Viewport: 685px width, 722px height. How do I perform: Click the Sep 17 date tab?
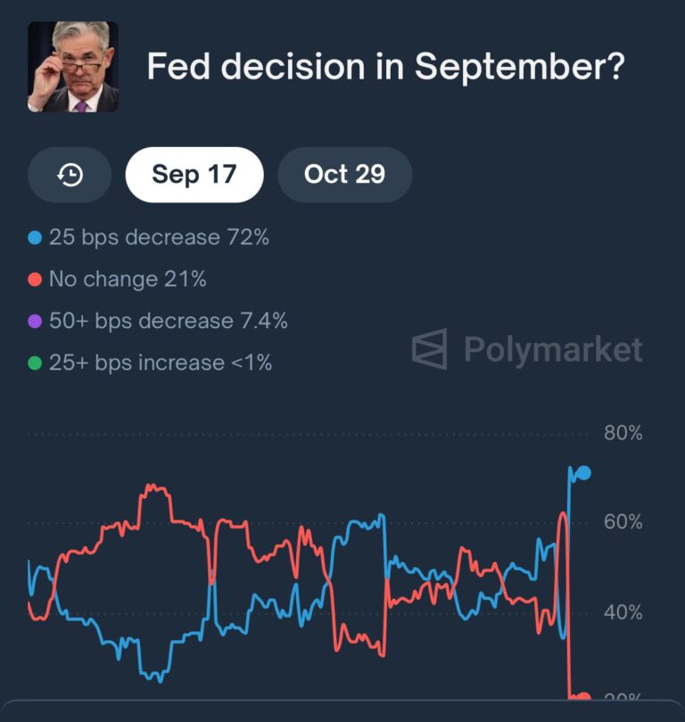tap(194, 175)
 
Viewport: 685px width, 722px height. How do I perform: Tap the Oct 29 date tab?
tap(344, 175)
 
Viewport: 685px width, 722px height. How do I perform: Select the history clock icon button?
tap(70, 176)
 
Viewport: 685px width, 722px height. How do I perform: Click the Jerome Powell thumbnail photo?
tap(73, 67)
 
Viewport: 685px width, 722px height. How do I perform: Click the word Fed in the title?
tap(177, 68)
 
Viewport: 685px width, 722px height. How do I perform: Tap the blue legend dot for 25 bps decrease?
tap(36, 238)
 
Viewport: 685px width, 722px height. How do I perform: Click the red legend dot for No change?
tap(36, 280)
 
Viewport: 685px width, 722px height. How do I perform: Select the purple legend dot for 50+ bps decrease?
tap(36, 322)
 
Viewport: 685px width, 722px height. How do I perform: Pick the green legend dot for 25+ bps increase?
tap(36, 364)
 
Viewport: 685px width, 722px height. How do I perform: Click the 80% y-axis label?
tap(623, 434)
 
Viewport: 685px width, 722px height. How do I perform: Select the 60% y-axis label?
tap(623, 522)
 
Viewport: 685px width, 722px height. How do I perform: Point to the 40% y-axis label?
tap(623, 612)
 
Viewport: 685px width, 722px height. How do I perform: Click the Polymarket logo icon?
tap(429, 349)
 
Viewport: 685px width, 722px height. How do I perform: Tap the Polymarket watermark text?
tap(553, 349)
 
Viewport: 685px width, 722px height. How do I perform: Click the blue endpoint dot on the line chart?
tap(583, 473)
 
